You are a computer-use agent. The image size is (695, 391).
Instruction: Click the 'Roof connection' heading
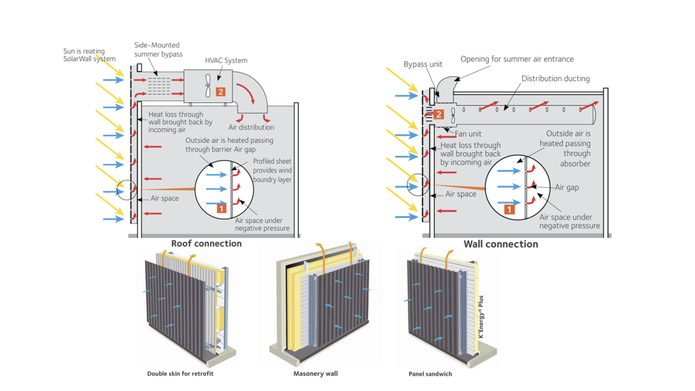[x=206, y=243]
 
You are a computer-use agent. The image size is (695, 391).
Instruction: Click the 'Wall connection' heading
[x=500, y=244]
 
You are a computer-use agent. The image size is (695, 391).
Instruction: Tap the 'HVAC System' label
[x=226, y=61]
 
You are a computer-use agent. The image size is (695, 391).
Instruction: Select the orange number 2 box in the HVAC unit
[x=220, y=92]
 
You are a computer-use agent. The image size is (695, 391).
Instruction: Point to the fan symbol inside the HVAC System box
[x=207, y=87]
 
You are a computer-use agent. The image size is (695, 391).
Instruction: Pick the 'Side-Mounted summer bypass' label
[x=158, y=49]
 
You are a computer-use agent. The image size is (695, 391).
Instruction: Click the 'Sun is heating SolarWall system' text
[x=89, y=55]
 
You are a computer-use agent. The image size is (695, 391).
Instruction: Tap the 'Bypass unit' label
[x=423, y=64]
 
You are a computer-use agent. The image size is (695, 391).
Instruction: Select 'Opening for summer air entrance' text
[x=517, y=59]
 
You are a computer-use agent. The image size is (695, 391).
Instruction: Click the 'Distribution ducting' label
[x=555, y=79]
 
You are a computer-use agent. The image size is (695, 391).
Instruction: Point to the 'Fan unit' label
[x=468, y=134]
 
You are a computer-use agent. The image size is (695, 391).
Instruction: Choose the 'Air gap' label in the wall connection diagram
[x=567, y=188]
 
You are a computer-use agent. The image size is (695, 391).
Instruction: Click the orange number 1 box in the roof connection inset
[x=222, y=208]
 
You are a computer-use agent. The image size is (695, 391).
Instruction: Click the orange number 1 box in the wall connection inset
[x=509, y=209]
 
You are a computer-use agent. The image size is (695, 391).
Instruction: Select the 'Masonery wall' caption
[x=315, y=374]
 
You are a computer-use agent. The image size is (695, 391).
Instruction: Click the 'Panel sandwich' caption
[x=430, y=374]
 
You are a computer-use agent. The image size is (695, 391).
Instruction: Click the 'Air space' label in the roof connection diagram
[x=164, y=198]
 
